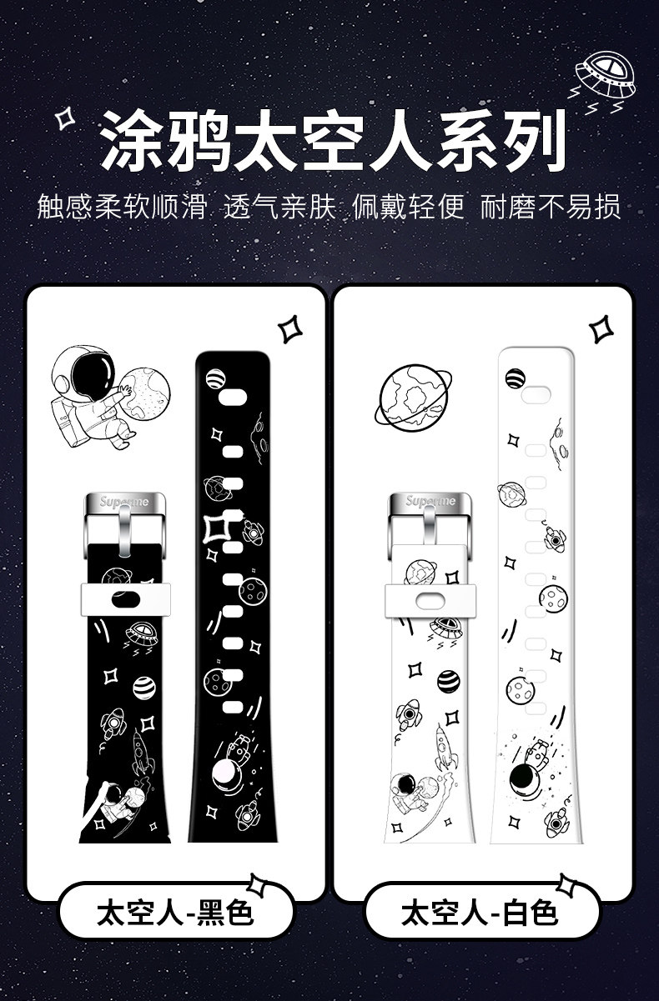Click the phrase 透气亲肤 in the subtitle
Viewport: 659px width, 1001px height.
click(279, 206)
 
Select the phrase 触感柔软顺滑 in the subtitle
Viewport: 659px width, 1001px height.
click(122, 206)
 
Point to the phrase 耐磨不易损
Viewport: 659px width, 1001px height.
click(551, 206)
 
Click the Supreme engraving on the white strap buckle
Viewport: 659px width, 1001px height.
click(430, 502)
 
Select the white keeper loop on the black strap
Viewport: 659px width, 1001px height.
click(126, 598)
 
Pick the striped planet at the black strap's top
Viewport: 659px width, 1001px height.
click(215, 378)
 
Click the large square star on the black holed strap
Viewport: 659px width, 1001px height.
click(216, 527)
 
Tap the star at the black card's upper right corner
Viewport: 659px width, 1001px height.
click(292, 328)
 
